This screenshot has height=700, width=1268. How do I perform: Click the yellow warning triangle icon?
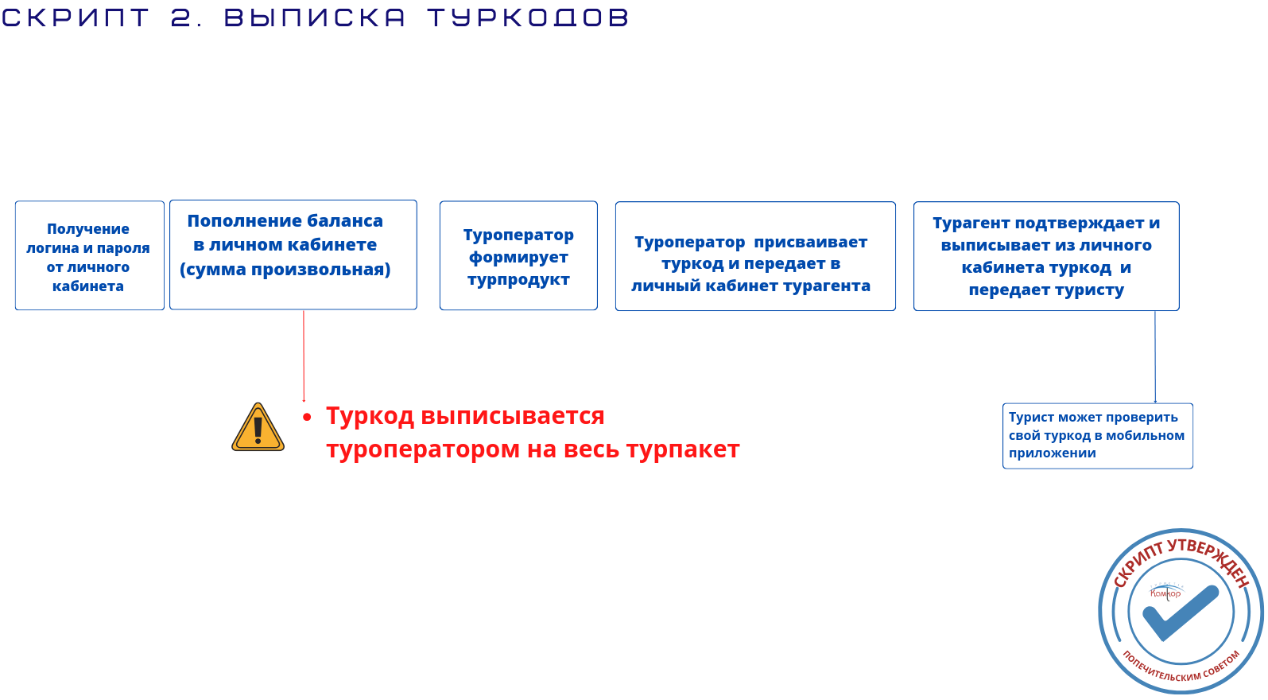tap(258, 428)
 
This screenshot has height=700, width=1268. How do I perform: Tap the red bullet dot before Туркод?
tap(307, 418)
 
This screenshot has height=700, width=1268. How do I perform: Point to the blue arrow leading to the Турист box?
tap(1155, 357)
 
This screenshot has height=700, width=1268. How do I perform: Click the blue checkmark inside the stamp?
tap(1181, 612)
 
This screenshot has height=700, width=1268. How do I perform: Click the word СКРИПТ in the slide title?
tap(76, 17)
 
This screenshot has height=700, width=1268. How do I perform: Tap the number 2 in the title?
tap(182, 17)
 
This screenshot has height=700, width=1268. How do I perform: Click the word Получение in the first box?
tap(87, 229)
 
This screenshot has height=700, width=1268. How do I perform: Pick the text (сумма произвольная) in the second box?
tap(285, 270)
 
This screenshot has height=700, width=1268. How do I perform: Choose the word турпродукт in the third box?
tap(518, 280)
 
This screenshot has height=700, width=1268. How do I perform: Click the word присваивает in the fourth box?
tap(810, 242)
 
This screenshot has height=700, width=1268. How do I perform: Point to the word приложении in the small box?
tap(1052, 453)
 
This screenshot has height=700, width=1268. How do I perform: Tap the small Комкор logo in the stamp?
tap(1165, 593)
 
